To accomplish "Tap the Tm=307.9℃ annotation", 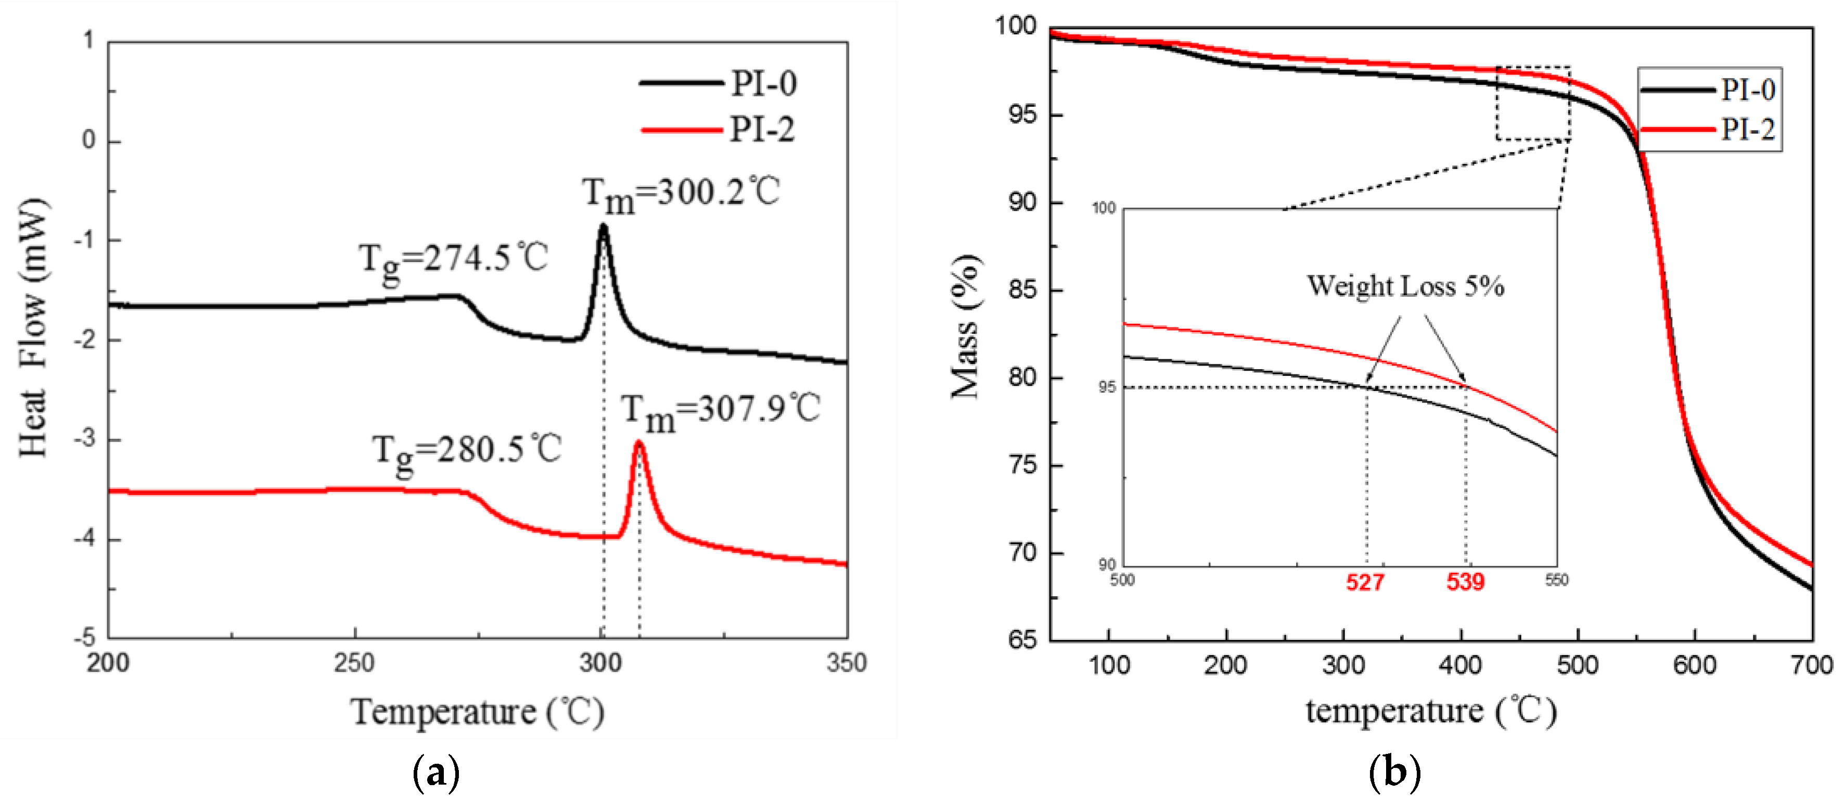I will click(x=719, y=411).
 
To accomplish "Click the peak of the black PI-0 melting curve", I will click(x=603, y=227).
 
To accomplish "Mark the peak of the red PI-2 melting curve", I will click(x=639, y=444).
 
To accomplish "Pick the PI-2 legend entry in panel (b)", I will click(x=1709, y=130).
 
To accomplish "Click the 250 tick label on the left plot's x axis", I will click(x=354, y=663).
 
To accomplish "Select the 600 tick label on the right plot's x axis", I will click(x=1694, y=665).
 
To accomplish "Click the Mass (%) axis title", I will click(x=966, y=326).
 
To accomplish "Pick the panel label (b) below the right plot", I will click(x=1394, y=773).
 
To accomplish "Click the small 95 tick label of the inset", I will click(x=1107, y=387).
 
